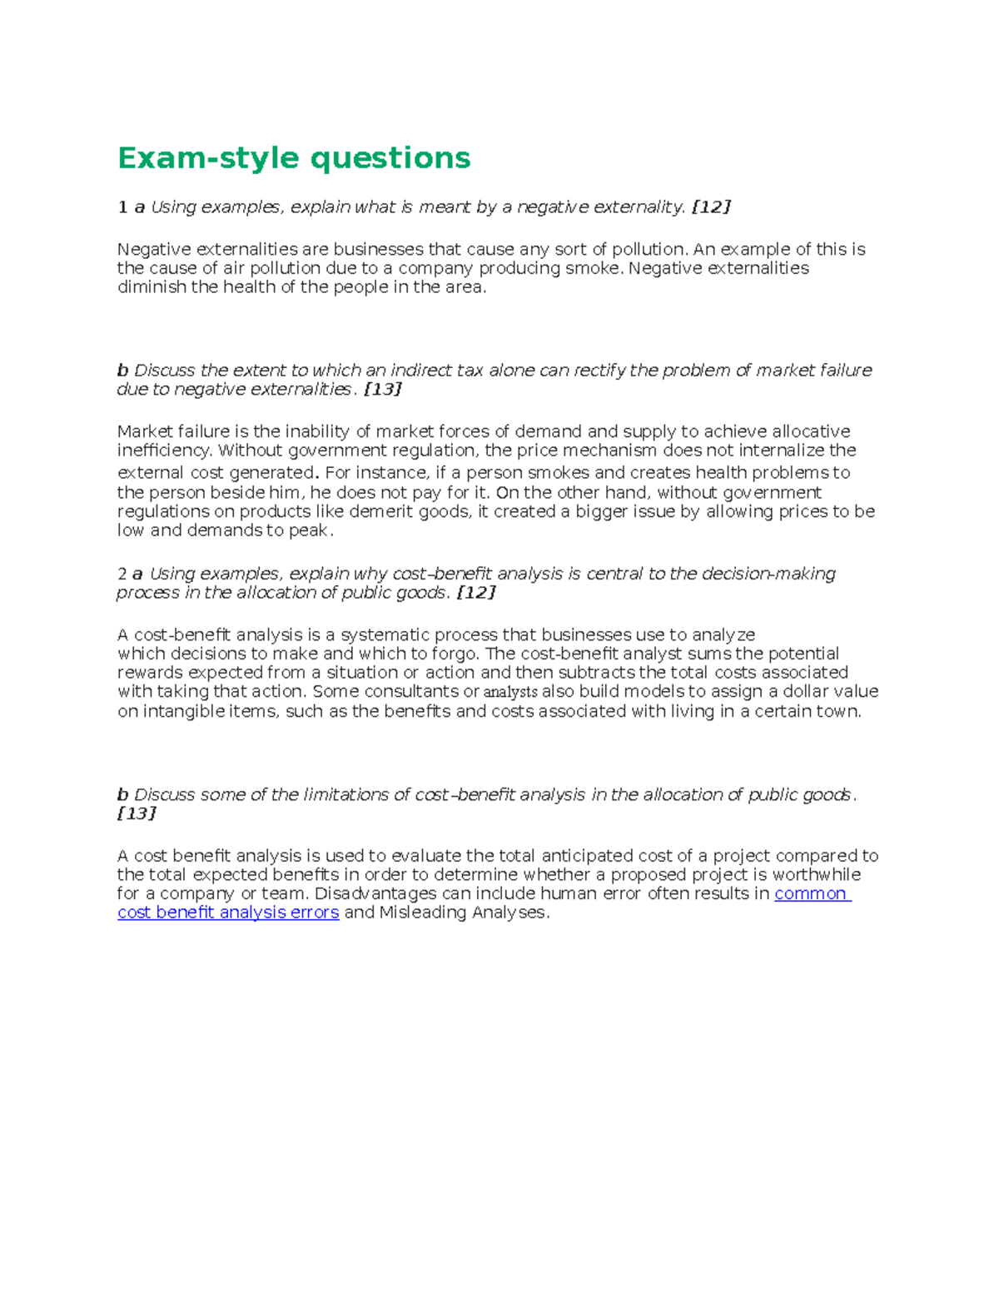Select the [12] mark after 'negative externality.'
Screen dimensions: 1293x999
tap(711, 207)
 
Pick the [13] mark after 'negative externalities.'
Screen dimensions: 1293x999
tap(383, 390)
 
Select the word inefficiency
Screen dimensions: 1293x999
tap(164, 450)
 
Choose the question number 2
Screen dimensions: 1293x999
tap(122, 574)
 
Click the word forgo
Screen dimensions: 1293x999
tap(455, 654)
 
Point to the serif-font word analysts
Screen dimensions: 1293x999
tap(510, 692)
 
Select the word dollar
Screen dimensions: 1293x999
tap(797, 691)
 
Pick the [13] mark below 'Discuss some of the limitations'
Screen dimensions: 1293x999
tap(137, 813)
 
